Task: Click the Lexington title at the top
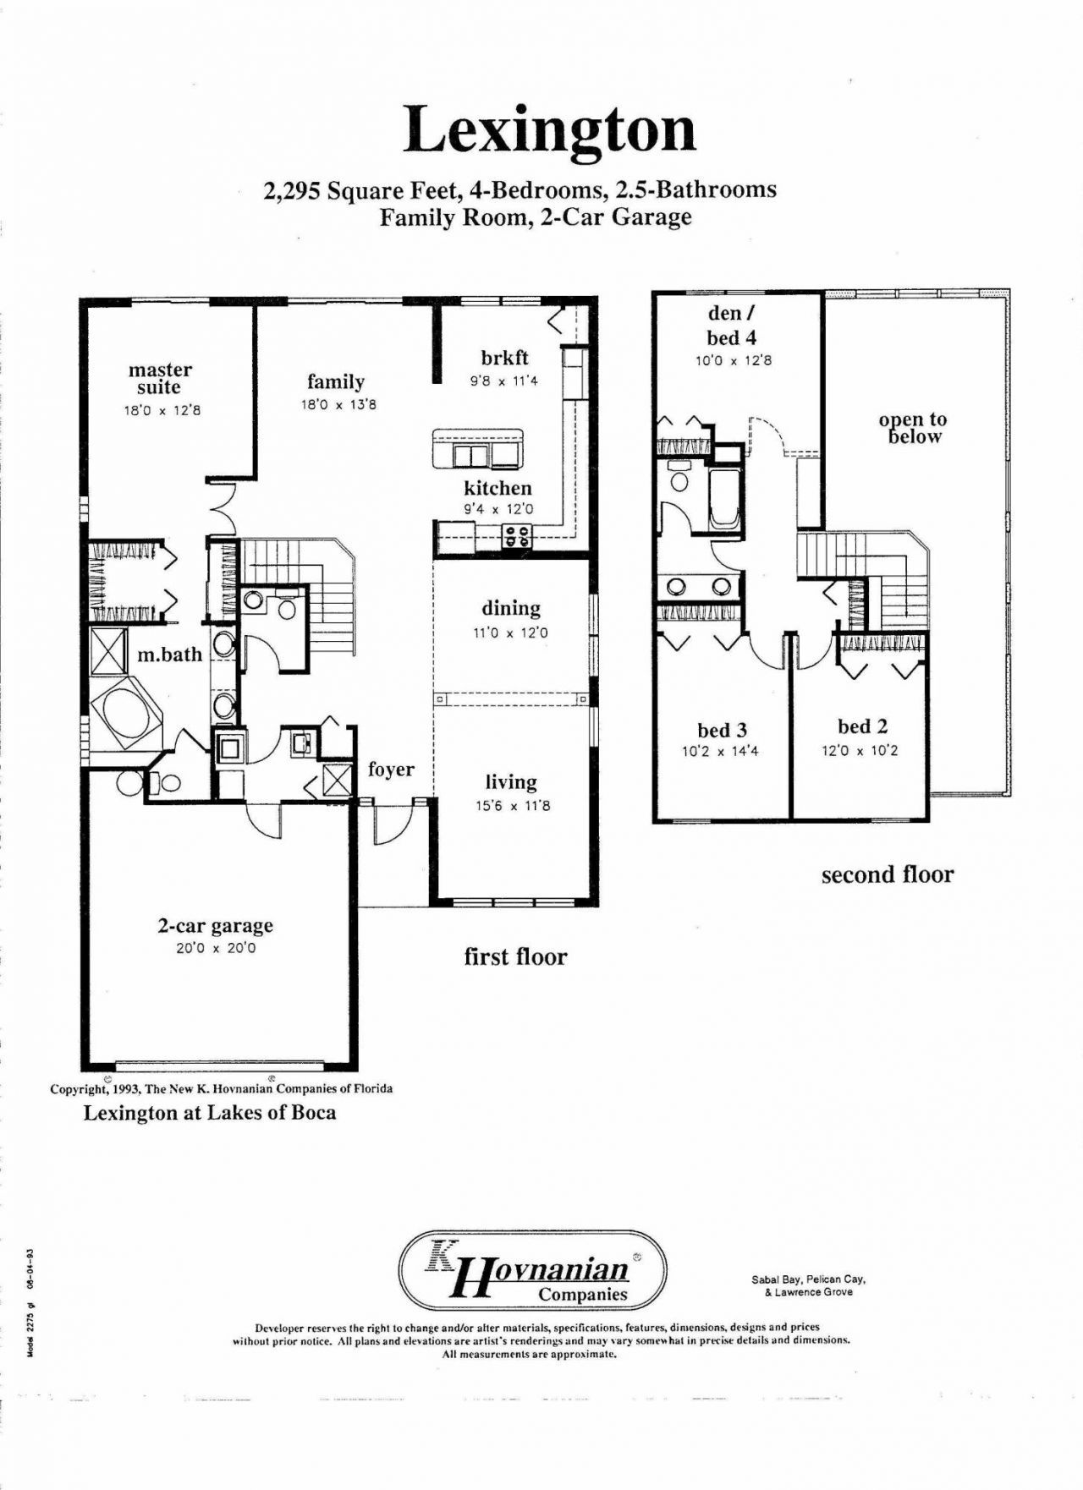tap(550, 131)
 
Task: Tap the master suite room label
tap(160, 379)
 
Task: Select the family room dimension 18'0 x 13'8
tap(338, 405)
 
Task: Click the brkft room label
tap(504, 358)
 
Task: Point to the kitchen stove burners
tap(517, 535)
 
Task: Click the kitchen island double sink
tap(471, 456)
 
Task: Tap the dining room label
tap(511, 608)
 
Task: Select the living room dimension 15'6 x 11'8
tap(512, 806)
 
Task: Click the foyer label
tap(391, 770)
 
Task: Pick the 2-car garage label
tap(216, 926)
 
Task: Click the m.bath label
tap(170, 655)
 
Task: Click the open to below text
tap(913, 428)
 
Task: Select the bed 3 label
tap(722, 731)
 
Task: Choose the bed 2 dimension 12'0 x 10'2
tap(860, 750)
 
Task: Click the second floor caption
tap(887, 875)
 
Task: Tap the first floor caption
tap(515, 957)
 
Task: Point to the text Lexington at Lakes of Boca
tap(209, 1113)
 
